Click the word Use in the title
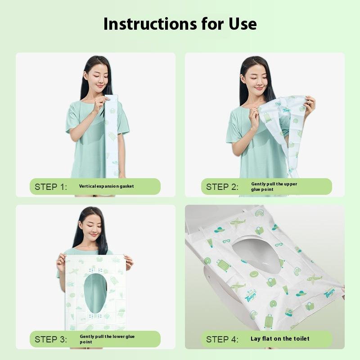(242, 23)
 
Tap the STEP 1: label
(51, 187)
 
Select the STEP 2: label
(222, 187)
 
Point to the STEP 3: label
(51, 339)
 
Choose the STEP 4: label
(222, 339)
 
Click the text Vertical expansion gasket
(106, 186)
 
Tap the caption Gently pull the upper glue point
(274, 187)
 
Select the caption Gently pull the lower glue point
(107, 339)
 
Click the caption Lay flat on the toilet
(280, 339)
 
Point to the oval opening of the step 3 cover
(95, 291)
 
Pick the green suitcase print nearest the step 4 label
(268, 321)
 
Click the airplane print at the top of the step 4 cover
(237, 221)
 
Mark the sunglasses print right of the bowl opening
(279, 244)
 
